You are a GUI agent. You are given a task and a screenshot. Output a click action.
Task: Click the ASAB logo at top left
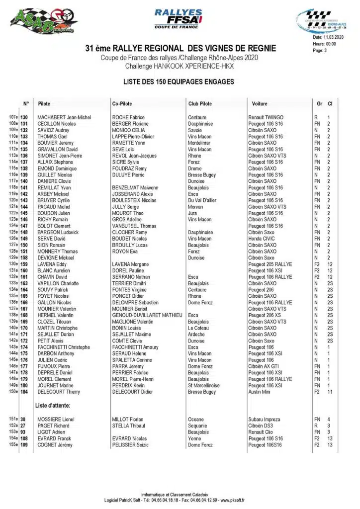pos(44,21)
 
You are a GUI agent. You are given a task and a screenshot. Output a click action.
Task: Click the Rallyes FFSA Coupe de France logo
pos(179,19)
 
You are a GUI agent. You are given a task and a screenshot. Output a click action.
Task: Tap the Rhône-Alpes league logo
pos(320,21)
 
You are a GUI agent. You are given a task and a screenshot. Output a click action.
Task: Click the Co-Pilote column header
pos(122,103)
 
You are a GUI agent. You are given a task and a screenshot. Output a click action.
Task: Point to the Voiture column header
pos(259,103)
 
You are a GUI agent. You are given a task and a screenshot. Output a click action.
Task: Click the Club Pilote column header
pos(200,103)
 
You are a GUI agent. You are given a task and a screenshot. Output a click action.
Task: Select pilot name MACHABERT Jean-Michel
pos(64,117)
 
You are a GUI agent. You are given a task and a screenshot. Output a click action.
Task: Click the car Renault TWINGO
pos(266,117)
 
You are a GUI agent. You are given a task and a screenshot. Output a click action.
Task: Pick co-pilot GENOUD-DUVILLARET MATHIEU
pos(147,315)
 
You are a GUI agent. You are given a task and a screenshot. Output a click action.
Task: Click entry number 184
pos(24,392)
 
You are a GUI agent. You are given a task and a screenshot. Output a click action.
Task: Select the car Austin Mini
pos(261,392)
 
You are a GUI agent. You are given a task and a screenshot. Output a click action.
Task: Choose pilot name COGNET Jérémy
pos(55,444)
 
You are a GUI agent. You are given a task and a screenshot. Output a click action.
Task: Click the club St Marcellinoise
pos(204,385)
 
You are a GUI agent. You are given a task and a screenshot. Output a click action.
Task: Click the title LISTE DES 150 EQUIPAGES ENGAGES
pos(178,81)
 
